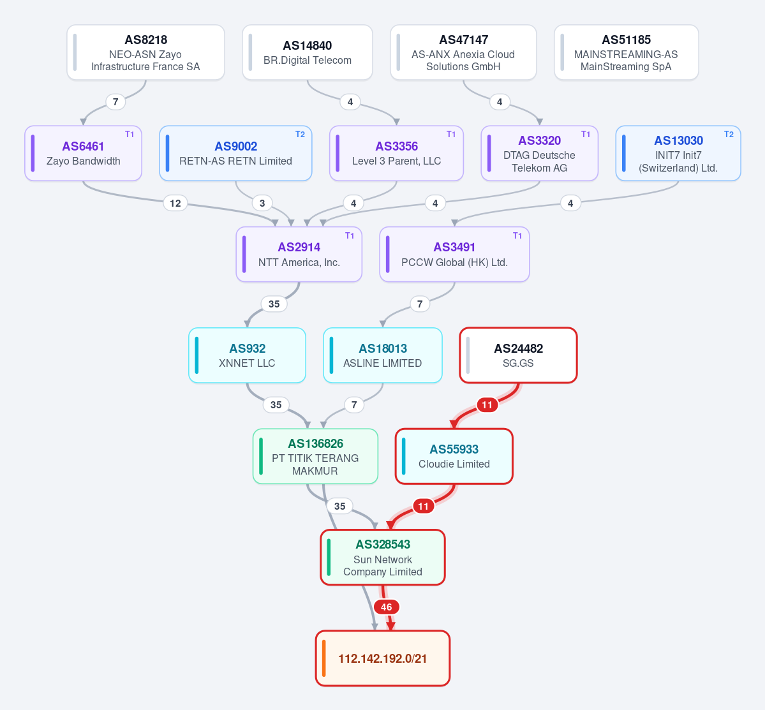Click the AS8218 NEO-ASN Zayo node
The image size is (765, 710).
click(x=146, y=52)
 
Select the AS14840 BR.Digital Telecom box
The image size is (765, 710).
click(x=308, y=52)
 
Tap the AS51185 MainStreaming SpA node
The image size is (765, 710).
click(x=627, y=52)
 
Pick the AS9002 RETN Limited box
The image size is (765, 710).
click(x=235, y=153)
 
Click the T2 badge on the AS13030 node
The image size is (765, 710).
click(x=729, y=134)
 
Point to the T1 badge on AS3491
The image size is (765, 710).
click(x=517, y=235)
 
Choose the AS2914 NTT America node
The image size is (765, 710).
click(x=299, y=254)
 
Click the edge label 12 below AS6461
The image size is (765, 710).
click(x=175, y=203)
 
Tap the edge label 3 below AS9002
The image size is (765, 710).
click(x=262, y=203)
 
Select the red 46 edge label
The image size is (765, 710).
click(x=387, y=607)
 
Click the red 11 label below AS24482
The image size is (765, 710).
click(x=487, y=404)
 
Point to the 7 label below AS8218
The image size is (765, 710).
click(x=115, y=102)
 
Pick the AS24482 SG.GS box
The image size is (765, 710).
click(x=518, y=355)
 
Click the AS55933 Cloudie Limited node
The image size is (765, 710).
click(x=454, y=457)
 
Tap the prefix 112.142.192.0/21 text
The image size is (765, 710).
click(x=383, y=659)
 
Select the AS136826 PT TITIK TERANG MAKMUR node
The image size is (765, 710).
click(x=315, y=457)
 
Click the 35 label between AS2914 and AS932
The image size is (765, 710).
click(x=274, y=304)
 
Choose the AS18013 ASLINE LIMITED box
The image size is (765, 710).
click(x=383, y=355)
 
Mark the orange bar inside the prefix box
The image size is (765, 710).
click(x=324, y=658)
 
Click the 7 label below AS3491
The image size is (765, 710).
click(x=420, y=304)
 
